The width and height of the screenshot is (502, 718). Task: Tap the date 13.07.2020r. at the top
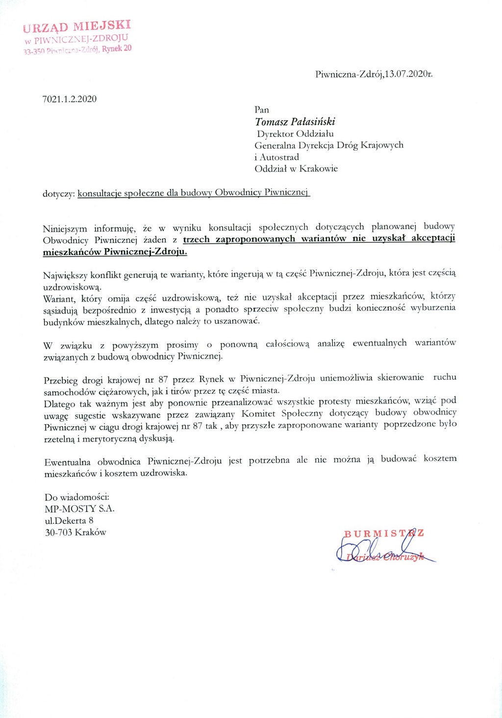(x=408, y=75)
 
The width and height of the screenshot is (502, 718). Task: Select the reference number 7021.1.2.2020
(x=70, y=99)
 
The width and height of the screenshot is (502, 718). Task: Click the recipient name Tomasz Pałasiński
(x=295, y=122)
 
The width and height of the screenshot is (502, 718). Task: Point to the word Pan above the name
(x=262, y=110)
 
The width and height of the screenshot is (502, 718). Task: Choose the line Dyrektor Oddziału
(x=295, y=133)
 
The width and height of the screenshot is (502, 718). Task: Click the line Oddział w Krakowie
(x=296, y=169)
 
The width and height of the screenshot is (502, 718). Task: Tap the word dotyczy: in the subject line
(x=59, y=194)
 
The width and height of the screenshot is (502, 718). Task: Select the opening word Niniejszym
(x=65, y=229)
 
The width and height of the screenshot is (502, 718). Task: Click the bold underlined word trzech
(x=197, y=239)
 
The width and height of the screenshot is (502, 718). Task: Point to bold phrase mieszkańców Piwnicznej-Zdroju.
(x=115, y=252)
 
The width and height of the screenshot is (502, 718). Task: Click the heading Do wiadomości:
(x=77, y=497)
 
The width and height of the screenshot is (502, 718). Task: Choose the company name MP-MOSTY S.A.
(x=79, y=509)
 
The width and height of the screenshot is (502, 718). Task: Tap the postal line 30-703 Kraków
(x=75, y=533)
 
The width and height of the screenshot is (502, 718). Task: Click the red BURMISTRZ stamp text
(x=384, y=534)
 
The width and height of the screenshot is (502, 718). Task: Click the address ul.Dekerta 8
(x=69, y=521)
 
